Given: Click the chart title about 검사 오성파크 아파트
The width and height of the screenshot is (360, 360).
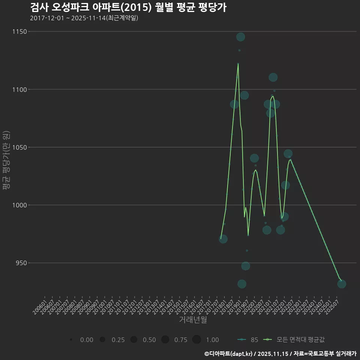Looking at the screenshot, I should pos(128,7).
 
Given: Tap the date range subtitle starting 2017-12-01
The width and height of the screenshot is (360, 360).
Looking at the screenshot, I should pos(84,18).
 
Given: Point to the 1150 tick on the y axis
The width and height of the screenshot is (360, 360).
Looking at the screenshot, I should pos(18,31).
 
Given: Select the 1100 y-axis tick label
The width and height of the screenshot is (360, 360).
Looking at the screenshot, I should pos(18,90).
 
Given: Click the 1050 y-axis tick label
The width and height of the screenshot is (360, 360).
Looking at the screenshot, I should pos(18,147).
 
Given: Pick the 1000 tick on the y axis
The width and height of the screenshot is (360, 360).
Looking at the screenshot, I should pos(18,205).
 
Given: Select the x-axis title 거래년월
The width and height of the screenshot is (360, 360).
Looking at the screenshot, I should pos(193,320).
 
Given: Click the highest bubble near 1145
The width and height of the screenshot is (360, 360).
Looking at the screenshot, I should pos(241,37).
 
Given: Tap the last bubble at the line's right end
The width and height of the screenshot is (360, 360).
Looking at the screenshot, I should pos(342,284).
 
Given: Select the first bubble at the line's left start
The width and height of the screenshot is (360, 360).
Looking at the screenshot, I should pos(223,239).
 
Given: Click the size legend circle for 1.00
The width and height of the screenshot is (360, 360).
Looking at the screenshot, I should pos(196,340).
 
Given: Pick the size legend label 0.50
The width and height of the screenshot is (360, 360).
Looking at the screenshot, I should pos(149,340).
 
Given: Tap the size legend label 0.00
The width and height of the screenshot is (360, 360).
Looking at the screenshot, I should pos(87,340).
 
